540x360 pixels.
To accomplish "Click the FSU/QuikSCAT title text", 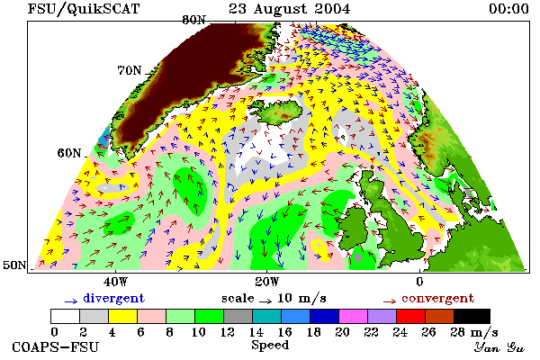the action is click(x=84, y=9).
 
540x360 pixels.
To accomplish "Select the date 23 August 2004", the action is click(x=289, y=9).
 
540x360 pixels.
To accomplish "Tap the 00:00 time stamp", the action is click(x=508, y=9).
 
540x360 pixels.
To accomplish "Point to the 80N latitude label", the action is click(x=193, y=20).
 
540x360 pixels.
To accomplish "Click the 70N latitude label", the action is click(x=130, y=70).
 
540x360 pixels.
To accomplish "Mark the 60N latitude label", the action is click(x=69, y=153).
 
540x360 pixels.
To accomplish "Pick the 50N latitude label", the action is click(x=14, y=265).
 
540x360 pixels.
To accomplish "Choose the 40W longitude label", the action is click(x=115, y=282).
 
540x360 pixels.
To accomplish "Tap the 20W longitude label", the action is click(x=267, y=282).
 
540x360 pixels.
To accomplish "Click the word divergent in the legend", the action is click(x=113, y=298).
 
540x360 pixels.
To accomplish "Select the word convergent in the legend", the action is click(x=437, y=298).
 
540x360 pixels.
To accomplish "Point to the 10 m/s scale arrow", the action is click(x=265, y=301).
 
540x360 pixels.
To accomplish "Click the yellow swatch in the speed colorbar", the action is click(x=122, y=316).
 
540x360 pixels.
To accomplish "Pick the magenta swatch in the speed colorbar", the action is click(x=353, y=316).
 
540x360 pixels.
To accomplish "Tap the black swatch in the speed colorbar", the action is click(x=472, y=316).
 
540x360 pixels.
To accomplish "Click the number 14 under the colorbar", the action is click(x=256, y=332).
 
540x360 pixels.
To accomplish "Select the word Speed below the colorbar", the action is click(x=270, y=346).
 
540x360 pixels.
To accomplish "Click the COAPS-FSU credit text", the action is click(x=55, y=347).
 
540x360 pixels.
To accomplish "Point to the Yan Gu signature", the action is click(x=499, y=347).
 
